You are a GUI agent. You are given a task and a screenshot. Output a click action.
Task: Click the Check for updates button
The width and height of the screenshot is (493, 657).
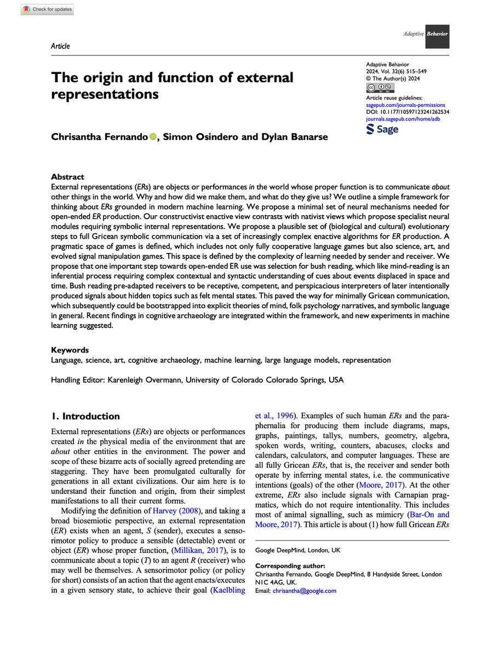coord(48,10)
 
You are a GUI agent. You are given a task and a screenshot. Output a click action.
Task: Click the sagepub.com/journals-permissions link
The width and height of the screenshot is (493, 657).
coord(405,105)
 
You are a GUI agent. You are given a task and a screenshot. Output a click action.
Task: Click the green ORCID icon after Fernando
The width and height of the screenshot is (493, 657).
coord(152,137)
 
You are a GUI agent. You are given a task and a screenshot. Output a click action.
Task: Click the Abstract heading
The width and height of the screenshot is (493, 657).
coord(67,177)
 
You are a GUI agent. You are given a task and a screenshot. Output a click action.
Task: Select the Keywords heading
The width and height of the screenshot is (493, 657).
coord(70,350)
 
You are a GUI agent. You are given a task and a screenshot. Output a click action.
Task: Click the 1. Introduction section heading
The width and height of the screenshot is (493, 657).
coord(85,416)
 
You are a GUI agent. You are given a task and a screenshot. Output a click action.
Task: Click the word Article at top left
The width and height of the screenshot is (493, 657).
coord(60,46)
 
